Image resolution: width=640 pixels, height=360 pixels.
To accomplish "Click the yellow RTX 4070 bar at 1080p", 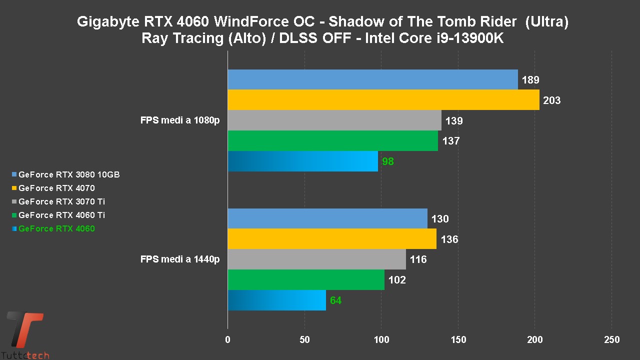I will (383, 100).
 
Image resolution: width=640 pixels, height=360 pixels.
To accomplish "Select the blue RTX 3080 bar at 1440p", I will (327, 218).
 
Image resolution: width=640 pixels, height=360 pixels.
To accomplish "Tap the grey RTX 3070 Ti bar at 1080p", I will (334, 120).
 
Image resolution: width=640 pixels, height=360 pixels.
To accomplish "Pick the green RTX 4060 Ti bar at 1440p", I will (306, 279).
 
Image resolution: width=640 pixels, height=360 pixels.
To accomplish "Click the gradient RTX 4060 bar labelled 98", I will (303, 161).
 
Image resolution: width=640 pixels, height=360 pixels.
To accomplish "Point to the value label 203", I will (551, 100).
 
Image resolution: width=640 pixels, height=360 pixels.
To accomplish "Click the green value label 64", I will (335, 300).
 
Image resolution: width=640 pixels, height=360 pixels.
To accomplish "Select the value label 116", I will (418, 259).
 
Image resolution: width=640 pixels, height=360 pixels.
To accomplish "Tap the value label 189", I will (530, 80).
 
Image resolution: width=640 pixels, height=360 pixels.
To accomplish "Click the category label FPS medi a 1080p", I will (180, 120).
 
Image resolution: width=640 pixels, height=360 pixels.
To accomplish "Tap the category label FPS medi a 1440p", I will (180, 259).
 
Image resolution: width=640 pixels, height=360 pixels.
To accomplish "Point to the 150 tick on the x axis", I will (458, 340).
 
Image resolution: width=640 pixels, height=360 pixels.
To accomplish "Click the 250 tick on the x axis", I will (611, 340).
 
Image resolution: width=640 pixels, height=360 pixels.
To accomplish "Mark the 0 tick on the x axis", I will (228, 340).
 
